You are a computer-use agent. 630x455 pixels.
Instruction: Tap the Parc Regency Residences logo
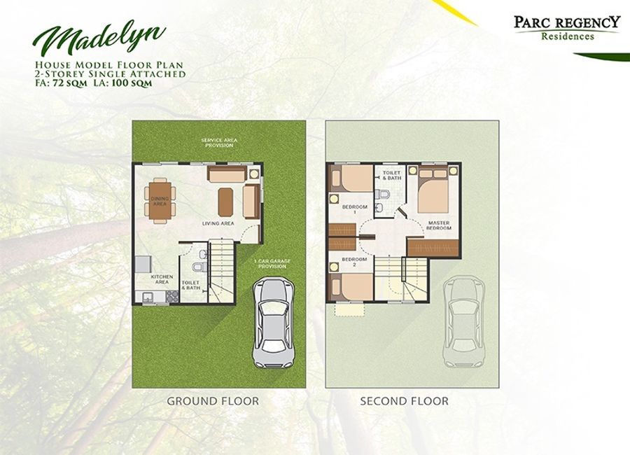567,27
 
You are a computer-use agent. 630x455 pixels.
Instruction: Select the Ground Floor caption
213,400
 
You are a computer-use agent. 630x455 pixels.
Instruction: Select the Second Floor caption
404,400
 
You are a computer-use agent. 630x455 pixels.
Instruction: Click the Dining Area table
160,200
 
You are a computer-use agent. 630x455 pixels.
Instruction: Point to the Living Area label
218,223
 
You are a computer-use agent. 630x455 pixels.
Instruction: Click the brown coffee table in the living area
225,202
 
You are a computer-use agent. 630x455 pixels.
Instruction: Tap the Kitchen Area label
162,279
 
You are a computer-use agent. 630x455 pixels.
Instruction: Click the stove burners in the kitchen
173,296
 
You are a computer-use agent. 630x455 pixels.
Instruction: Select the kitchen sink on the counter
146,297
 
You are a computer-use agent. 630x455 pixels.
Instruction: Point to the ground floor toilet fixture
199,267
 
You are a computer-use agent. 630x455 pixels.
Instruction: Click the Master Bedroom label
439,225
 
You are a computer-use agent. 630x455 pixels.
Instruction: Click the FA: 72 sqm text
60,83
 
